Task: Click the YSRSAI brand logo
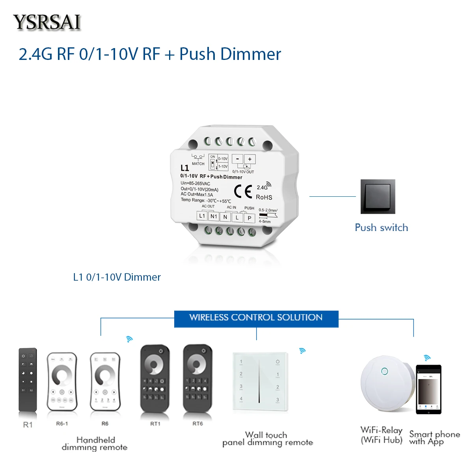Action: click(x=47, y=22)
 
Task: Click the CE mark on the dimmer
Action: click(x=243, y=192)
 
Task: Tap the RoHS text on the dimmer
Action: click(x=264, y=197)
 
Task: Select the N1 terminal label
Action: click(x=214, y=216)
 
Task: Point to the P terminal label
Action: click(x=250, y=218)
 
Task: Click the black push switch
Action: click(x=378, y=197)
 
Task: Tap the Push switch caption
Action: click(x=381, y=227)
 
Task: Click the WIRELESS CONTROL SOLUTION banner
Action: click(x=256, y=318)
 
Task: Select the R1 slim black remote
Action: click(x=28, y=380)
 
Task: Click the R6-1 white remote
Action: click(x=62, y=382)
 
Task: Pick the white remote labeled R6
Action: click(x=105, y=382)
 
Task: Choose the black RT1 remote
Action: click(x=155, y=378)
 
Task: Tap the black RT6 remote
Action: click(x=197, y=378)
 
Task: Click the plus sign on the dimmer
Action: click(x=250, y=159)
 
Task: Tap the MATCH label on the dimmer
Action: click(x=198, y=164)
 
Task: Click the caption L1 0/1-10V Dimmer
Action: click(x=117, y=277)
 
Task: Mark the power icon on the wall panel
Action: click(x=277, y=361)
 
